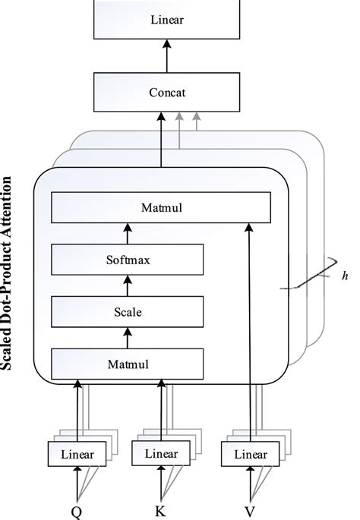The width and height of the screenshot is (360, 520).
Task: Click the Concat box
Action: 166,92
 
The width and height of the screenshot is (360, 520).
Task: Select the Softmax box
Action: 128,260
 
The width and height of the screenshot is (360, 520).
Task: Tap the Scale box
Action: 128,312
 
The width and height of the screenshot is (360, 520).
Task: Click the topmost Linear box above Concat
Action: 166,19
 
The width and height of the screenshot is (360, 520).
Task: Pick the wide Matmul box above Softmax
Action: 161,207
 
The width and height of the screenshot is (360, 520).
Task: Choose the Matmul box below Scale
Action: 128,364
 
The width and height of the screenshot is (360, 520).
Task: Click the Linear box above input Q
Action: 77,454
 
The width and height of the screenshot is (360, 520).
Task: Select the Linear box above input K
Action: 161,453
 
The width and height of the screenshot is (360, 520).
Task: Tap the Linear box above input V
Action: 250,454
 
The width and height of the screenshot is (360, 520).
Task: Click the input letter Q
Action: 77,512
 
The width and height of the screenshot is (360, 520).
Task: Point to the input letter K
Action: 160,512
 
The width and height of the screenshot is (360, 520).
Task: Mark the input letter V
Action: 250,512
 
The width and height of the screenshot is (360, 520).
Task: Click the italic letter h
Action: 345,276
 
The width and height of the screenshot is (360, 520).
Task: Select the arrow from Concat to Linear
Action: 166,55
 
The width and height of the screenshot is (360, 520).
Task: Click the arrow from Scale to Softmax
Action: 128,285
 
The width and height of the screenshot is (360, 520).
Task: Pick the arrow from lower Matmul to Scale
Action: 128,338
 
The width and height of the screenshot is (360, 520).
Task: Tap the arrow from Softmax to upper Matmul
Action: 128,234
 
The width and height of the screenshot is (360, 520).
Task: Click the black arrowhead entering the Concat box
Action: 161,116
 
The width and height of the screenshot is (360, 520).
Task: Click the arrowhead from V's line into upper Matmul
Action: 249,228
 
